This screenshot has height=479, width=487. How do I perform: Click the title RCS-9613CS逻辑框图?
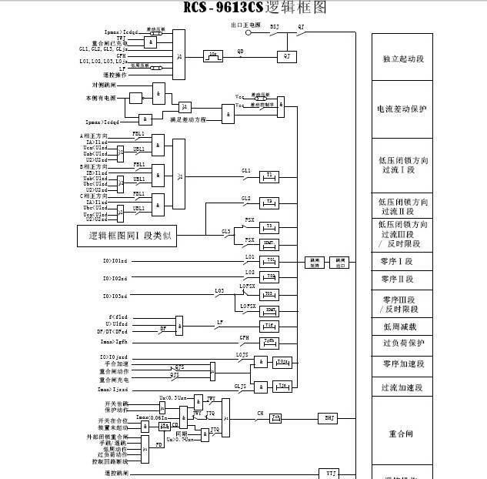point(255,8)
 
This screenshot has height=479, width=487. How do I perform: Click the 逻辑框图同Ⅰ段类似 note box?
point(127,236)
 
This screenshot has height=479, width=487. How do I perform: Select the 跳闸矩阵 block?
point(315,263)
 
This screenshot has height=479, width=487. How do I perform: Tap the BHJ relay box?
point(329,418)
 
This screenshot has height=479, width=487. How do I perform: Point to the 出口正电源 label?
point(246,25)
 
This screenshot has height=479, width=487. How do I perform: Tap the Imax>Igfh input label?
point(114,340)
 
